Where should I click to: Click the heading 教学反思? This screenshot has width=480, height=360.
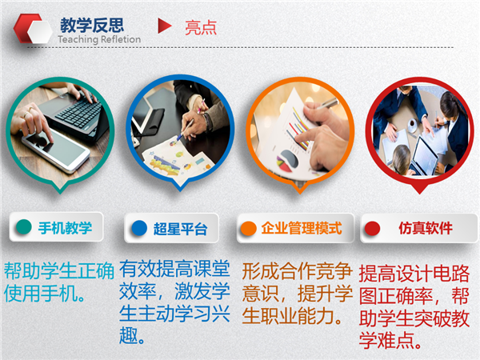(x=92, y=25)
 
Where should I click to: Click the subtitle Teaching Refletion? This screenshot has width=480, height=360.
(x=99, y=39)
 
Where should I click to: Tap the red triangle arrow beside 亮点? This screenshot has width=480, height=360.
(x=165, y=26)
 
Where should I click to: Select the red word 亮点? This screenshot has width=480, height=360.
(x=201, y=27)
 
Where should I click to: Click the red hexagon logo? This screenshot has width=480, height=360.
(x=33, y=28)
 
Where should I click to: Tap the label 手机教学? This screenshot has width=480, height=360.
(x=66, y=228)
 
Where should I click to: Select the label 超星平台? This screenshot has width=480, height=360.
(x=180, y=229)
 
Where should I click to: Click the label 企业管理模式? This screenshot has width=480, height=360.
(x=302, y=228)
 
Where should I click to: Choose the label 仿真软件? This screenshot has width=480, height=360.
(x=426, y=228)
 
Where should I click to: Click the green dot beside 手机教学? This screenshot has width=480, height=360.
(x=24, y=227)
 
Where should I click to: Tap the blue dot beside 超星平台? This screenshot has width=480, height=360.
(x=139, y=228)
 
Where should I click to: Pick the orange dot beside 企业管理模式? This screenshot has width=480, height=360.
(x=248, y=228)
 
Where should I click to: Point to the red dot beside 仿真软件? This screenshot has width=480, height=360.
(x=372, y=228)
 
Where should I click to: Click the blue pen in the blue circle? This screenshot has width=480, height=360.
(x=184, y=131)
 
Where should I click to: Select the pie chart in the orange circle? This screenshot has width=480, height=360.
(x=287, y=160)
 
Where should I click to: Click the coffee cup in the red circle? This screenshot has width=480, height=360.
(x=412, y=124)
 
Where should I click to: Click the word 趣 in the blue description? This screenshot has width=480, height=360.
(x=129, y=335)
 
